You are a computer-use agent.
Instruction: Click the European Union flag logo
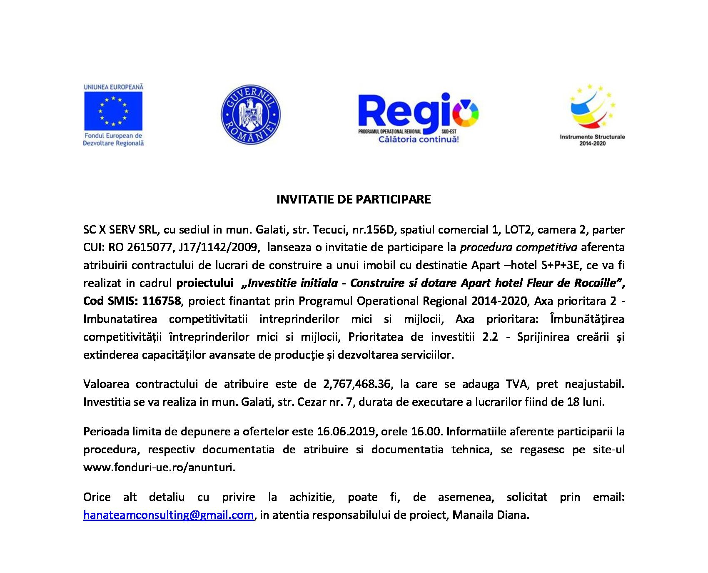(x=113, y=111)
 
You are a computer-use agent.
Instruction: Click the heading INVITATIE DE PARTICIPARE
(x=354, y=199)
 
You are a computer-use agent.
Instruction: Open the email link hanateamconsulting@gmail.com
(x=168, y=515)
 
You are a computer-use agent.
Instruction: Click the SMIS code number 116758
(x=162, y=301)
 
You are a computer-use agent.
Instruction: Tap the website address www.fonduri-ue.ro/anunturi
(x=160, y=467)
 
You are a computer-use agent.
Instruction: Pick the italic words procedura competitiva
(x=518, y=247)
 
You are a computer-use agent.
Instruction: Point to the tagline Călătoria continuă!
(x=418, y=140)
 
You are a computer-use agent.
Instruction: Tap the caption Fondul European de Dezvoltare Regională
(x=113, y=139)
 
